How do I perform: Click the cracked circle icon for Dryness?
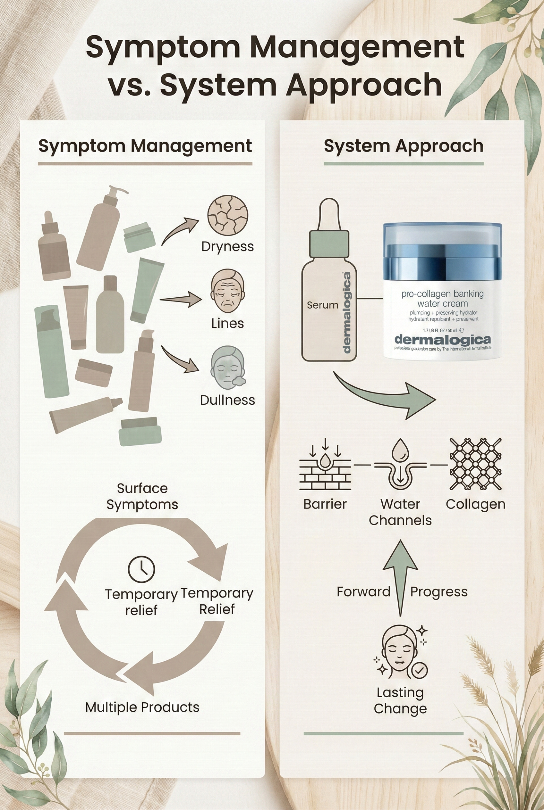(x=228, y=215)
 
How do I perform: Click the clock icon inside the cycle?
(x=141, y=569)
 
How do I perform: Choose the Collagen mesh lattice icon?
(x=475, y=464)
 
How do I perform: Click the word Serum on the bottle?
(x=322, y=305)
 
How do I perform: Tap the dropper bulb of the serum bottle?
(x=328, y=215)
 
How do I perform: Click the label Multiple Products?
(x=142, y=707)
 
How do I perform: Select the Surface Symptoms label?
(x=142, y=496)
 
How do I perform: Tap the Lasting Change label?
(x=400, y=700)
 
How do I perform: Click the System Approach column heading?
(x=404, y=146)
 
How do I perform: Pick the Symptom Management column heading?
(x=145, y=146)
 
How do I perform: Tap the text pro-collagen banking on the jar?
(x=442, y=294)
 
